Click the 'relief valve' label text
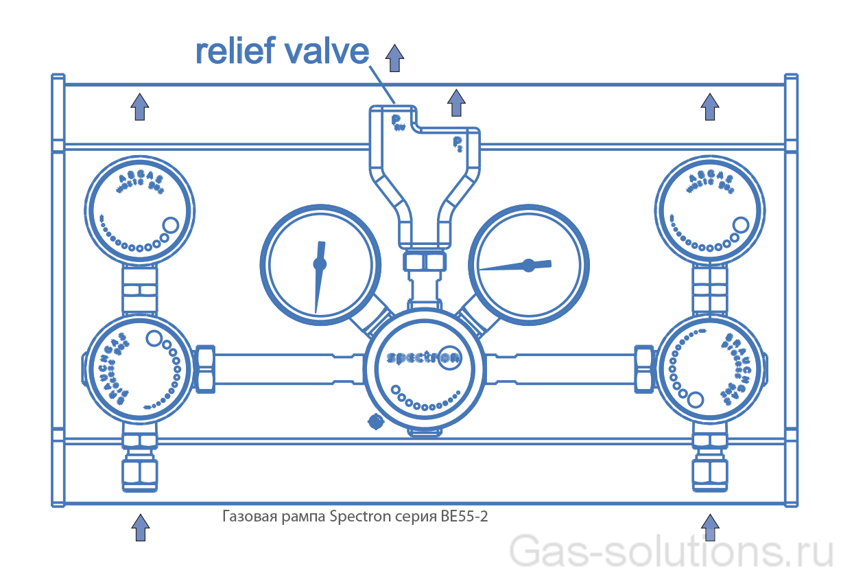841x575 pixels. pyautogui.click(x=282, y=51)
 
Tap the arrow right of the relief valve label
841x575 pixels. pyautogui.click(x=394, y=58)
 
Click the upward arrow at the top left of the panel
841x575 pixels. pyautogui.click(x=140, y=106)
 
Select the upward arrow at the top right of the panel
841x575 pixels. pyautogui.click(x=709, y=107)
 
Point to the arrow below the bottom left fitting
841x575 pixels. pyautogui.click(x=140, y=527)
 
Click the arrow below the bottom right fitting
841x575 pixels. pyautogui.click(x=709, y=527)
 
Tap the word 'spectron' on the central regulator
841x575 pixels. pyautogui.click(x=414, y=358)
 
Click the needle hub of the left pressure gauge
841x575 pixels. pyautogui.click(x=320, y=263)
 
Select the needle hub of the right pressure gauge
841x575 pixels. pyautogui.click(x=528, y=265)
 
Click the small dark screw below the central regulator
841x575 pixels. pyautogui.click(x=375, y=421)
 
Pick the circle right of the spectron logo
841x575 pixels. pyautogui.click(x=450, y=357)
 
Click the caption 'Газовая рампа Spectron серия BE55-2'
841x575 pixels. pyautogui.click(x=355, y=516)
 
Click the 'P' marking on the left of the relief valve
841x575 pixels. pyautogui.click(x=396, y=121)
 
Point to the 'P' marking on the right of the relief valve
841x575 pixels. pyautogui.click(x=456, y=143)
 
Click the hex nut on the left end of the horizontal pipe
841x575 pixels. pyautogui.click(x=206, y=368)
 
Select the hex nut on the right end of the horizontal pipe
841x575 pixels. pyautogui.click(x=643, y=368)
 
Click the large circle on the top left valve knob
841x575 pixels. pyautogui.click(x=171, y=224)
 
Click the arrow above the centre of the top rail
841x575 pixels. pyautogui.click(x=455, y=103)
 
